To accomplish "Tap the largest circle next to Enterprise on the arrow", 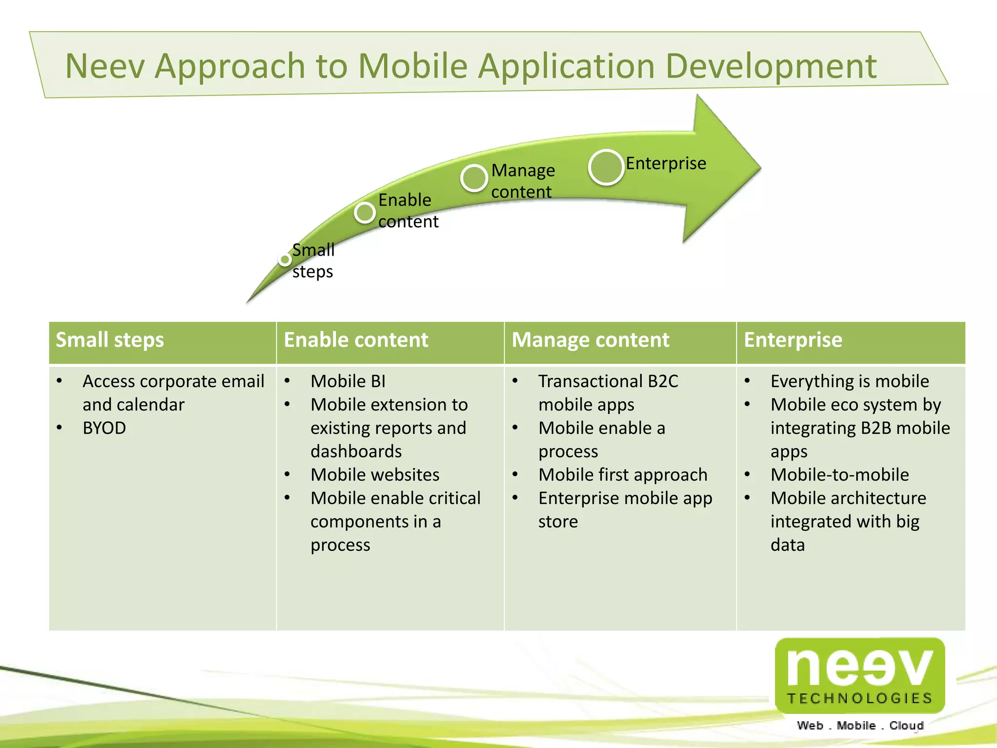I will [606, 167].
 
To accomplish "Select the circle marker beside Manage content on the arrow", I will [474, 178].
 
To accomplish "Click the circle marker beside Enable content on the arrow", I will [365, 212].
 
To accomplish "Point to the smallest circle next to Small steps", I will [285, 260].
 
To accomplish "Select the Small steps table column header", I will [110, 340].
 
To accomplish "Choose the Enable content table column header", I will [356, 340].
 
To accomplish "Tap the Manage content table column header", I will [590, 340].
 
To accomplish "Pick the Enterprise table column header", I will [793, 340].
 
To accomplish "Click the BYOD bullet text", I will [104, 428].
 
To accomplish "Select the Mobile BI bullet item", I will [348, 381].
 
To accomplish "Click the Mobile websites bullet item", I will [375, 475].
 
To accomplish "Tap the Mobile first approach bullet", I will [623, 475].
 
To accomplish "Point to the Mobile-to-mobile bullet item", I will [839, 475].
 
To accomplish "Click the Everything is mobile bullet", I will [849, 381].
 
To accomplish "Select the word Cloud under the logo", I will [906, 726].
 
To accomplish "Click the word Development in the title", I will [771, 66].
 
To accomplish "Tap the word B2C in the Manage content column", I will [663, 381].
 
